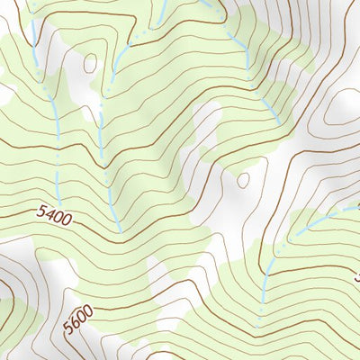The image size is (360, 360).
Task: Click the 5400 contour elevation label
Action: point(54,215)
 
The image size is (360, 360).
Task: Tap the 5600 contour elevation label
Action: point(78,320)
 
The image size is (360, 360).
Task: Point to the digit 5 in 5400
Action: point(42,212)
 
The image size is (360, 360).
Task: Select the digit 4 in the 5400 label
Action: point(49,214)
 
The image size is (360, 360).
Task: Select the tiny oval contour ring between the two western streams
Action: point(89,63)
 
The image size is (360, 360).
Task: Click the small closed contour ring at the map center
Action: point(243,180)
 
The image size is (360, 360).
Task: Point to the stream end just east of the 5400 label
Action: point(118,229)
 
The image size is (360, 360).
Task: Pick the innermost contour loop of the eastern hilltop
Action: point(343,106)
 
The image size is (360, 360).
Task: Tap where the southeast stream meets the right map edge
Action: point(358,204)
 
